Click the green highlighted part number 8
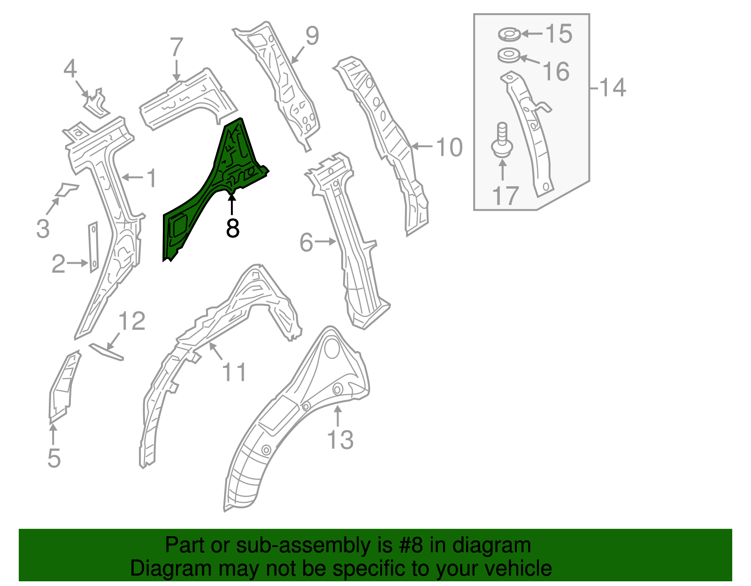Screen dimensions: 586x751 pyautogui.click(x=211, y=188)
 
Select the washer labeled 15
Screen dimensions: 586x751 pyautogui.click(x=509, y=34)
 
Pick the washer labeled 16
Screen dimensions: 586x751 pyautogui.click(x=508, y=56)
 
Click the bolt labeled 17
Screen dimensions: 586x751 pyautogui.click(x=501, y=141)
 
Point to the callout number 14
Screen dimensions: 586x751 pyautogui.click(x=613, y=88)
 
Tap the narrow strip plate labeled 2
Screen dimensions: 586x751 pyautogui.click(x=93, y=247)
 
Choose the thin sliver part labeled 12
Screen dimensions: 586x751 pyautogui.click(x=107, y=351)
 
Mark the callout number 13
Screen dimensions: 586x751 pyautogui.click(x=340, y=440)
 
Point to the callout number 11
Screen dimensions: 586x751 pyautogui.click(x=234, y=373)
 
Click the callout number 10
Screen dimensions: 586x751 pyautogui.click(x=449, y=147)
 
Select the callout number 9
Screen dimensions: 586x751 pyautogui.click(x=312, y=36)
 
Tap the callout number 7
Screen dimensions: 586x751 pyautogui.click(x=176, y=47)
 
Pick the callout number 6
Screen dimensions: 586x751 pyautogui.click(x=306, y=243)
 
